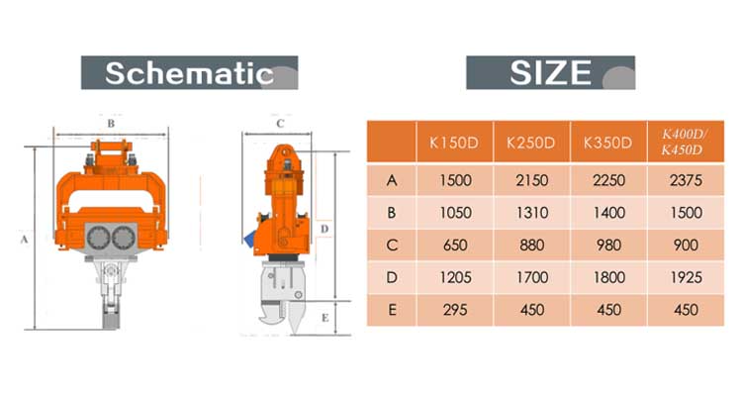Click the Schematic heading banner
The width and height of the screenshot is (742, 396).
coord(188,72)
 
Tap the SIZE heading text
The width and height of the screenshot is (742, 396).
coord(550,72)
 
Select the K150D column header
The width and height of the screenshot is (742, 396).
coord(453,143)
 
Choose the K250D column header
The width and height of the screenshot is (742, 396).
coord(531,143)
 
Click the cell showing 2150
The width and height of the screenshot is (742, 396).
coord(531,180)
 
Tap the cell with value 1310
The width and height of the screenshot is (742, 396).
coord(531,213)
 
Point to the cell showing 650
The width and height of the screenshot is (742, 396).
coord(453,246)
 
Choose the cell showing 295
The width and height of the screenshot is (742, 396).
coord(453,310)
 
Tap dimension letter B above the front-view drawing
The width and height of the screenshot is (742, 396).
coord(110,124)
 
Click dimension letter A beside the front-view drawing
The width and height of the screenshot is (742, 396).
coord(23,239)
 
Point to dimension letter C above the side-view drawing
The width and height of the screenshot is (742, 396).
coord(280,124)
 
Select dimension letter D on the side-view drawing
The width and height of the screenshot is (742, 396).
coord(325,227)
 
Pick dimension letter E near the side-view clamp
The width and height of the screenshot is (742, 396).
coord(325,317)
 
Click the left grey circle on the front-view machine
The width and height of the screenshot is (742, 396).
coord(98,236)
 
